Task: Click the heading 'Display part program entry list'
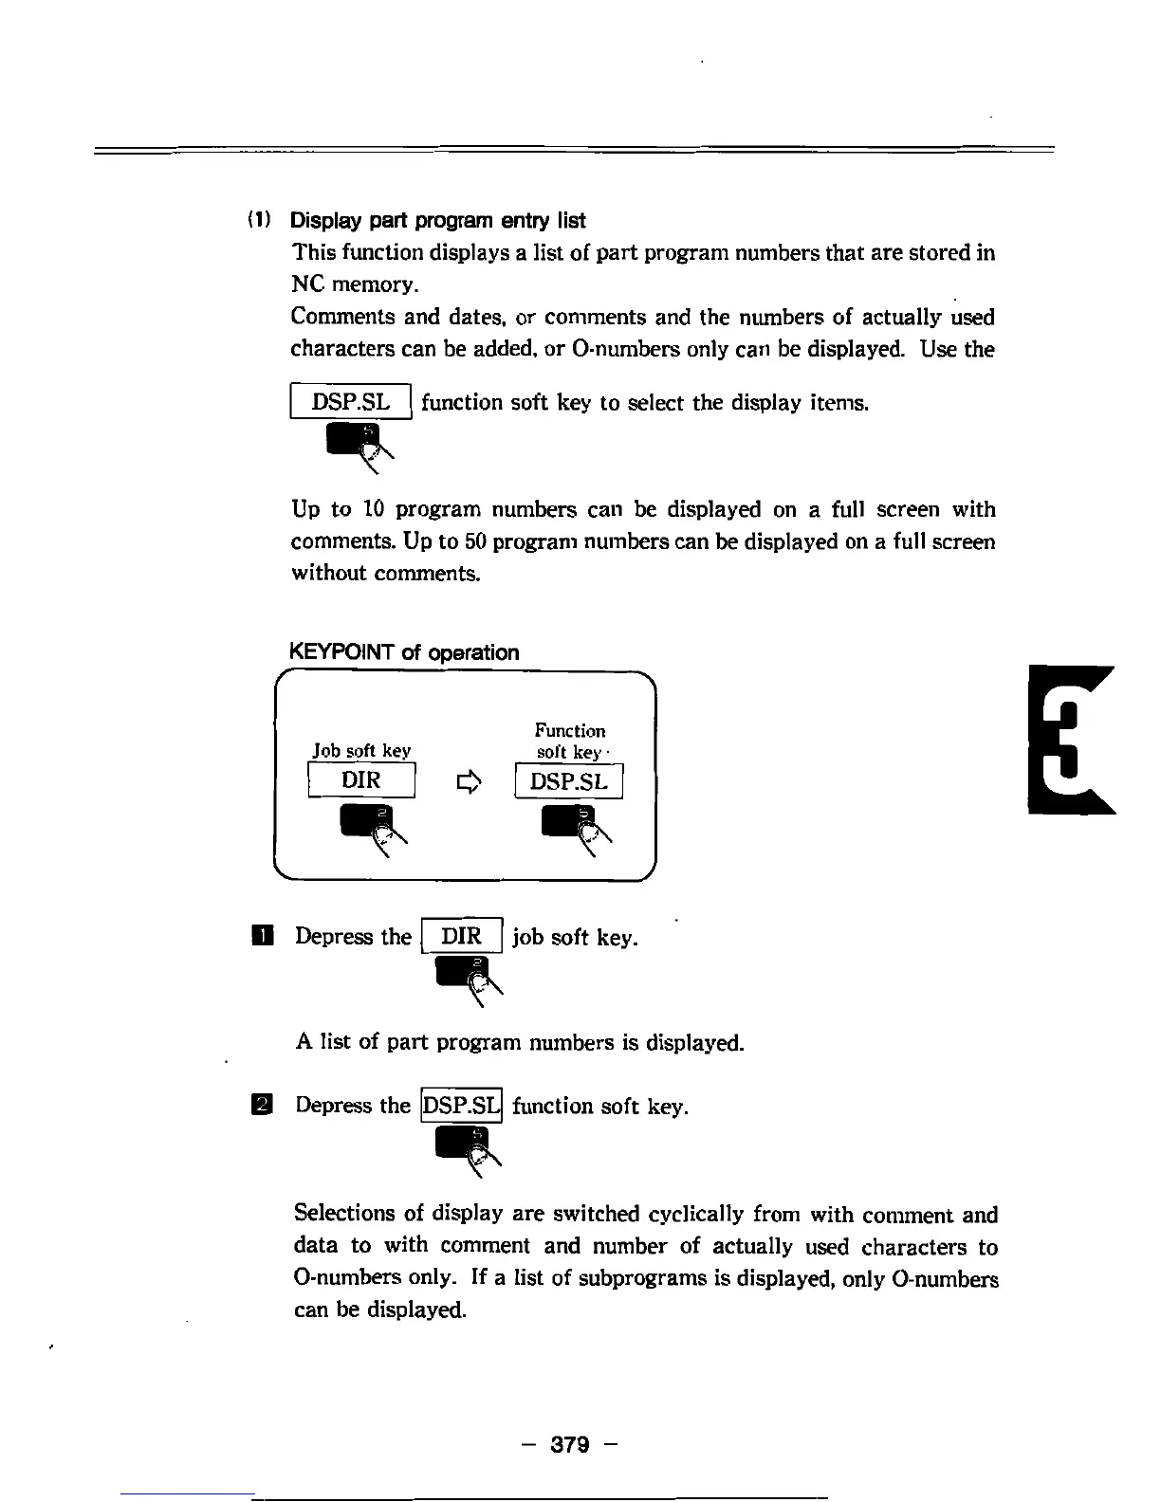pyautogui.click(x=437, y=221)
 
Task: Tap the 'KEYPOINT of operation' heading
pyautogui.click(x=403, y=652)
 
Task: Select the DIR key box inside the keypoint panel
pyautogui.click(x=361, y=780)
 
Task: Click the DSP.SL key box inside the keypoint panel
pyautogui.click(x=568, y=781)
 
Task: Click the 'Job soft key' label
pyautogui.click(x=361, y=751)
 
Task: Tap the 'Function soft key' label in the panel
pyautogui.click(x=569, y=741)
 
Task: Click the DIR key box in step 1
pyautogui.click(x=462, y=937)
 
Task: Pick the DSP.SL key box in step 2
pyautogui.click(x=461, y=1106)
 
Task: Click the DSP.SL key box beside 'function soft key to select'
pyautogui.click(x=351, y=402)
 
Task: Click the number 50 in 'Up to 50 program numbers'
pyautogui.click(x=450, y=541)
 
